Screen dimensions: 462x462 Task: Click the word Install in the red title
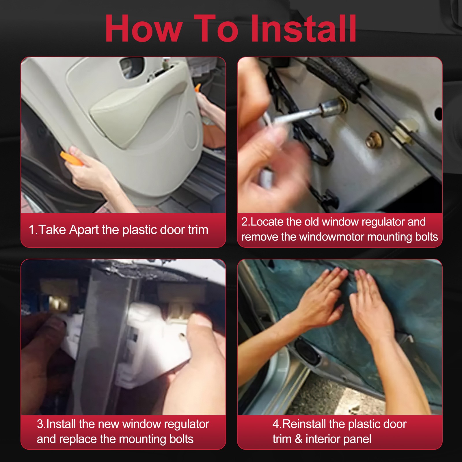[303, 29]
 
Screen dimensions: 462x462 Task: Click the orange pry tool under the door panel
[71, 159]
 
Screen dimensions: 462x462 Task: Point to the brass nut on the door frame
[375, 139]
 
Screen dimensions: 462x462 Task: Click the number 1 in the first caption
[32, 230]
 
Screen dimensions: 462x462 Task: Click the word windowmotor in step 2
[332, 237]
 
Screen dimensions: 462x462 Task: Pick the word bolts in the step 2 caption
[426, 237]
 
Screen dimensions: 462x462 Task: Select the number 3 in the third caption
[40, 424]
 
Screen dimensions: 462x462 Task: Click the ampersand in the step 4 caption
[299, 439]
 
